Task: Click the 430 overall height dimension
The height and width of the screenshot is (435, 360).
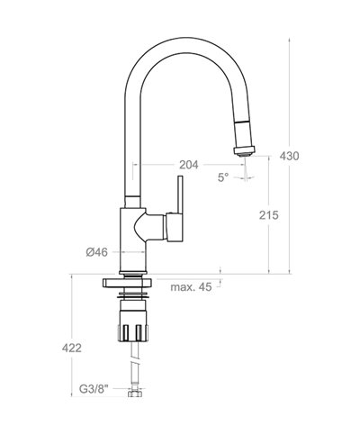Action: [313, 156]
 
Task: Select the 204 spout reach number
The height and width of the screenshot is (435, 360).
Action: [188, 165]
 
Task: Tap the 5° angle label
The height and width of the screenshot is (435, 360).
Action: [222, 177]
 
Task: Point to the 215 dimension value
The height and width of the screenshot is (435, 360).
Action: [268, 215]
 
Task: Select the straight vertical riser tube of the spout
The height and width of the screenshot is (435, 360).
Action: [130, 153]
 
